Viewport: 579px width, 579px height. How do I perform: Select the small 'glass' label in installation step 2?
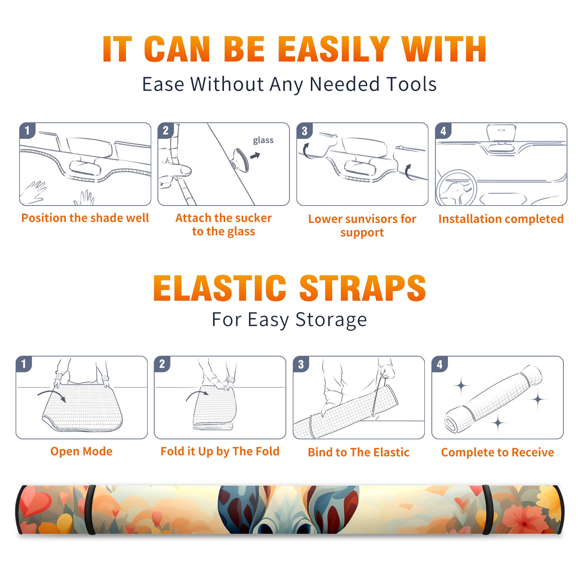[263, 140]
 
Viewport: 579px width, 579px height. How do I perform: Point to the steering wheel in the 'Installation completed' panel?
[456, 188]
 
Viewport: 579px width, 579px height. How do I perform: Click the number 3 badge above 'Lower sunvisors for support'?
[304, 131]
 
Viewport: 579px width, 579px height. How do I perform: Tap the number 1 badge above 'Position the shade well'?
[27, 130]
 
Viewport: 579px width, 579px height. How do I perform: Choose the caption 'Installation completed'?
[501, 219]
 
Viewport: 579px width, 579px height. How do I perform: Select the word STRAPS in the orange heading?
[363, 288]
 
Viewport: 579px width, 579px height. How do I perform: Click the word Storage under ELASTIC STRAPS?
[331, 320]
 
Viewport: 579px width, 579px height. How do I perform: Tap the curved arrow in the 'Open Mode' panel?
[52, 395]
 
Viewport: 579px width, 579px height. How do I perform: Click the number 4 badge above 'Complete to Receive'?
[440, 364]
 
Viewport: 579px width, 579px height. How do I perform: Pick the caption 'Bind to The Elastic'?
[359, 452]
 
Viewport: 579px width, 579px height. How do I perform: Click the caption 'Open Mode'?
[81, 452]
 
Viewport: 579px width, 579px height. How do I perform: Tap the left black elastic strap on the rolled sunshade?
[91, 510]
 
